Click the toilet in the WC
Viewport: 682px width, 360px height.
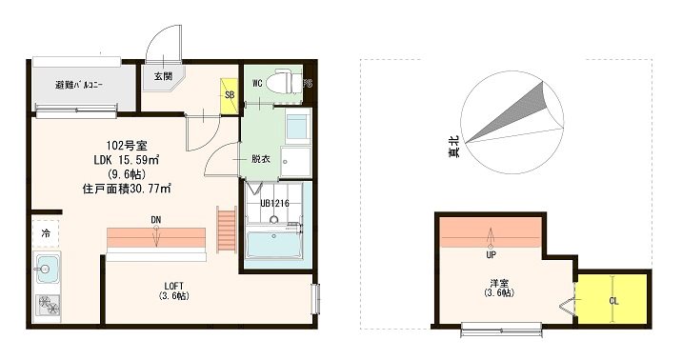pyautogui.click(x=283, y=81)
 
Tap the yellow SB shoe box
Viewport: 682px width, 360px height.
pyautogui.click(x=229, y=95)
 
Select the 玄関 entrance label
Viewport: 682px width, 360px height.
pyautogui.click(x=163, y=76)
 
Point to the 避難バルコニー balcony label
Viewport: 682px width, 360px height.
pyautogui.click(x=79, y=85)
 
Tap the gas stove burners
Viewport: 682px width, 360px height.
pyautogui.click(x=48, y=306)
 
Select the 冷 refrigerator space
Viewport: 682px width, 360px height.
pyautogui.click(x=46, y=234)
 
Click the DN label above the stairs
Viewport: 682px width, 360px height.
pyautogui.click(x=156, y=220)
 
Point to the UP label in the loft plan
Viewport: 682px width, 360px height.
pyautogui.click(x=491, y=255)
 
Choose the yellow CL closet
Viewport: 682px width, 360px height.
pyautogui.click(x=613, y=299)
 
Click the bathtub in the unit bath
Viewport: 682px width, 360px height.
pyautogui.click(x=274, y=245)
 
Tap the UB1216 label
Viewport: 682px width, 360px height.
pyautogui.click(x=275, y=203)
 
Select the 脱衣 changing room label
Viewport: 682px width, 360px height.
pyautogui.click(x=261, y=159)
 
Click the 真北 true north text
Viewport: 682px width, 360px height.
pyautogui.click(x=454, y=146)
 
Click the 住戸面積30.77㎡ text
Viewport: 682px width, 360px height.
pyautogui.click(x=126, y=189)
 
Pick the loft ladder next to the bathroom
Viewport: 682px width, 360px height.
pyautogui.click(x=226, y=230)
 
